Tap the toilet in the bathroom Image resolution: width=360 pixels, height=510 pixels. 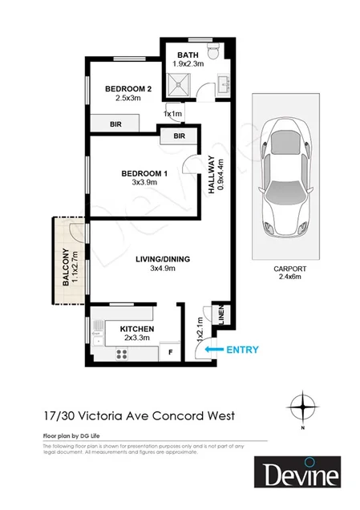tap(213, 55)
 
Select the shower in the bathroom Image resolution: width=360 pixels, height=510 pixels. tap(180, 82)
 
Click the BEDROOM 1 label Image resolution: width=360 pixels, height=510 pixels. tap(144, 173)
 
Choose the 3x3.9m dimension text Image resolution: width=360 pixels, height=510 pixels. tap(144, 184)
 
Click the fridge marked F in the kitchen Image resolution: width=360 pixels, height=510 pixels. tap(170, 350)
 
